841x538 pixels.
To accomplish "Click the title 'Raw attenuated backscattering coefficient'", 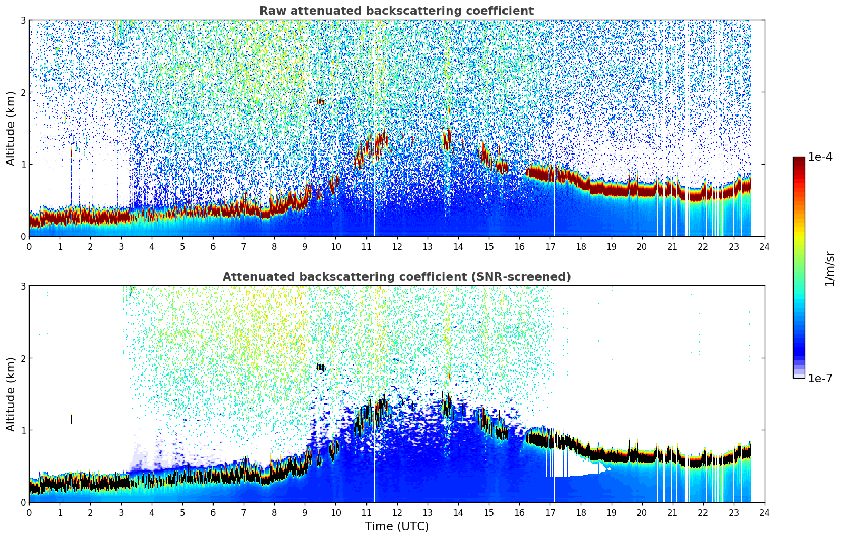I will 396,11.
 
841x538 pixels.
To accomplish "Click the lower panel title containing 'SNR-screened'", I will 396,277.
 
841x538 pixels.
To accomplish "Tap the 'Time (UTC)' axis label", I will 397,526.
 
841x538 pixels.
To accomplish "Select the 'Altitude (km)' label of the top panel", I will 11,128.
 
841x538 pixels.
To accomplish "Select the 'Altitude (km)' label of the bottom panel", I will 11,394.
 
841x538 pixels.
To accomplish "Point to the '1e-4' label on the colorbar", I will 820,157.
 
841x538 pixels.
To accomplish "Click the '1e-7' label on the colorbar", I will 820,378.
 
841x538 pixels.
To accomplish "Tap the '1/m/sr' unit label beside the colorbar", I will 829,268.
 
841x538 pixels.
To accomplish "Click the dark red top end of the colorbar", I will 799,159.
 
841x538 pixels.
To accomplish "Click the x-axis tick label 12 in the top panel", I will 397,247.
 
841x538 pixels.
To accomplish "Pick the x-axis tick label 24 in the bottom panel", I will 764,513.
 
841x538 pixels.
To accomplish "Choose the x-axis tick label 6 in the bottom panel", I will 213,513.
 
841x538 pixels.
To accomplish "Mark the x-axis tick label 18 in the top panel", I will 581,247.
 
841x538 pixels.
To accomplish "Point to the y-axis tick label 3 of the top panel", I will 23,20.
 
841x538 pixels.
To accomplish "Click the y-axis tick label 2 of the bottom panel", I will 23,358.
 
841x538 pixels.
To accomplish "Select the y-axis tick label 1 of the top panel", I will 23,165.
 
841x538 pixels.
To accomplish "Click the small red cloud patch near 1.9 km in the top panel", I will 321,101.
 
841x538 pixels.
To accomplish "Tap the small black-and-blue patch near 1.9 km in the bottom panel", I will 321,367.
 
